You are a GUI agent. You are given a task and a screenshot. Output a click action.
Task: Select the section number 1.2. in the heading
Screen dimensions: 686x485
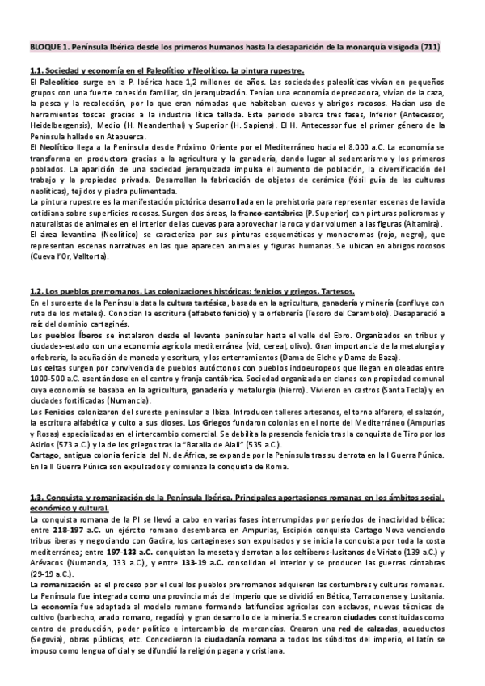pyautogui.click(x=39, y=292)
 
